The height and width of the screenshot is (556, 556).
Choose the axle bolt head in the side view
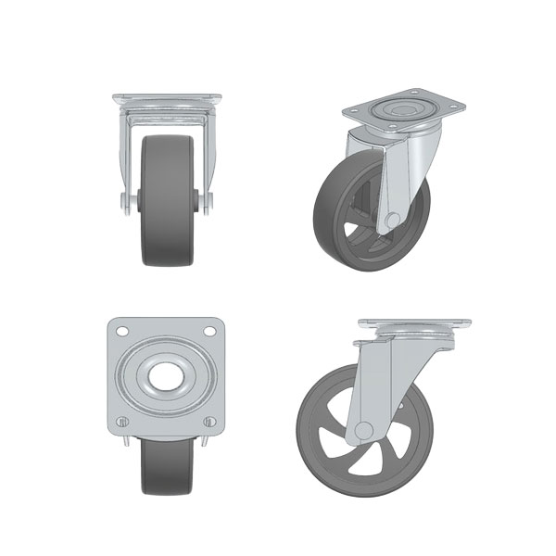[x=364, y=431]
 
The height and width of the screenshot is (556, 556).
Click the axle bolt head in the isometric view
[x=394, y=219]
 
